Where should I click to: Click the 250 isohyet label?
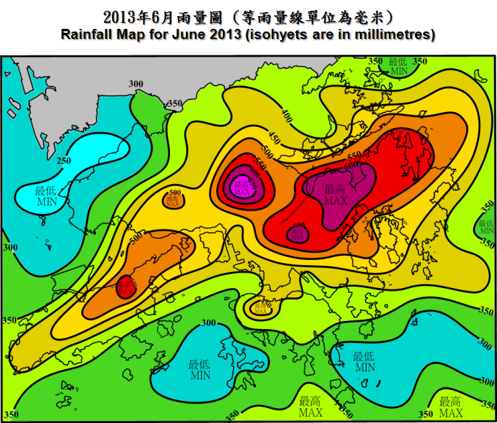click(64, 160)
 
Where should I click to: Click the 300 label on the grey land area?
click(136, 84)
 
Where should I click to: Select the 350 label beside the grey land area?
click(175, 104)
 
